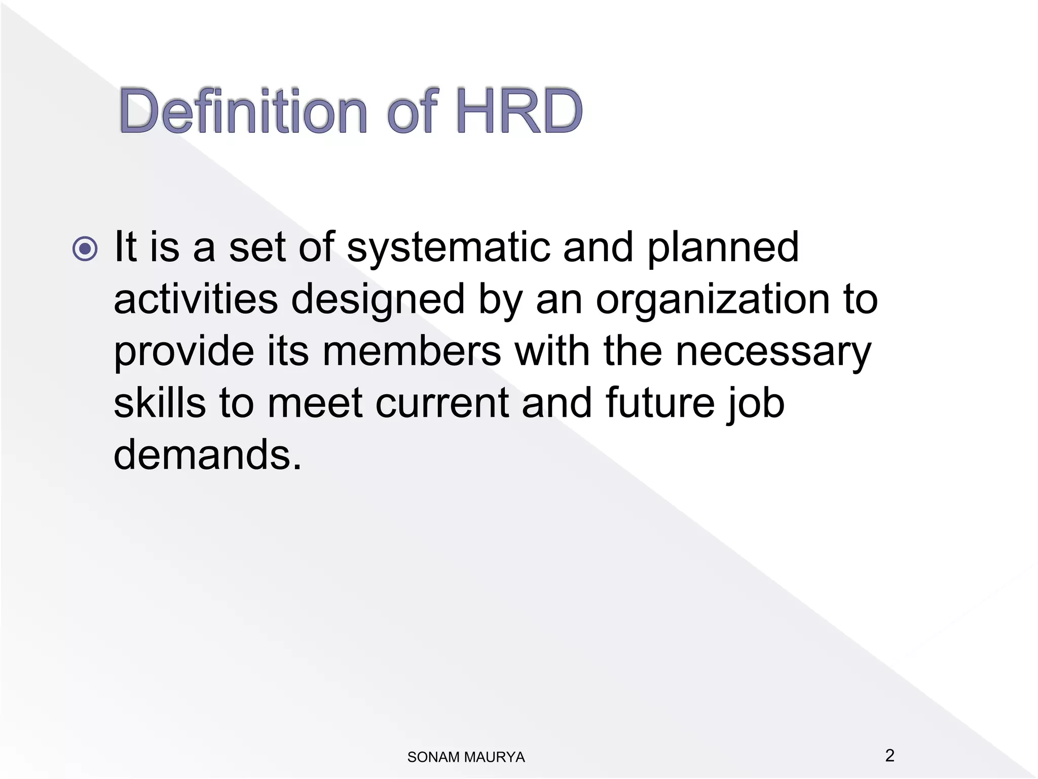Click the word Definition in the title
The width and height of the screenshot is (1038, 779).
[x=243, y=111]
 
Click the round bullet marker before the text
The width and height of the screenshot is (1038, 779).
[x=85, y=249]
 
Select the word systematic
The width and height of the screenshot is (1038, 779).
[x=448, y=248]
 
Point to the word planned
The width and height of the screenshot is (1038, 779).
[x=723, y=248]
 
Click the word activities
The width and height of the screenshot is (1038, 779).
[x=196, y=299]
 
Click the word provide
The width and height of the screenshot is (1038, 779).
[x=184, y=352]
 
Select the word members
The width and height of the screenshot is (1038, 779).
[x=412, y=351]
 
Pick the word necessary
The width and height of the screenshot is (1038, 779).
[x=773, y=352]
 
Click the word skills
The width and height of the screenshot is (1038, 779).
[x=160, y=403]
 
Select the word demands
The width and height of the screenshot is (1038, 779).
[x=207, y=454]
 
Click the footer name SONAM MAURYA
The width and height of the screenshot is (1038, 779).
[x=466, y=757]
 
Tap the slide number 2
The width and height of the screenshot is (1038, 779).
[x=889, y=755]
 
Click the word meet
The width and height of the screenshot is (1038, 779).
[x=315, y=404]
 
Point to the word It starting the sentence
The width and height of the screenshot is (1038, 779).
[x=126, y=247]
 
